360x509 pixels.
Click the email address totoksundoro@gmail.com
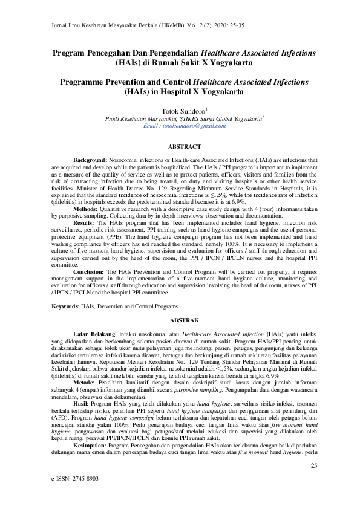pos(179,126)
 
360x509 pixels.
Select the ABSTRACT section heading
pos(180,147)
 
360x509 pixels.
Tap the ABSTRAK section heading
pos(180,317)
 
